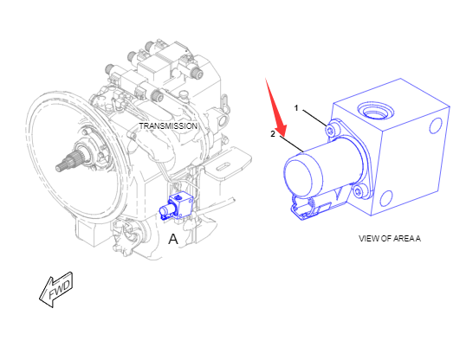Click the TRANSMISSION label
[x=168, y=126]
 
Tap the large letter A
[x=173, y=239]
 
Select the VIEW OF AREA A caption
[x=390, y=239]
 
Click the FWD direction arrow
[x=56, y=289]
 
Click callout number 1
[x=296, y=108]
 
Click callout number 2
[x=273, y=134]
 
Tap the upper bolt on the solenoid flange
[x=331, y=130]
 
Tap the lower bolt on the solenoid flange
[x=359, y=191]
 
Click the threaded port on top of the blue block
[x=375, y=110]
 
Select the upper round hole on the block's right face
[x=436, y=125]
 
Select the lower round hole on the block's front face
[x=386, y=199]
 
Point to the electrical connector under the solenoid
[x=309, y=208]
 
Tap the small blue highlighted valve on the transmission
[x=177, y=207]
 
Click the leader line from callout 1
[x=314, y=118]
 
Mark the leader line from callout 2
[x=291, y=145]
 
